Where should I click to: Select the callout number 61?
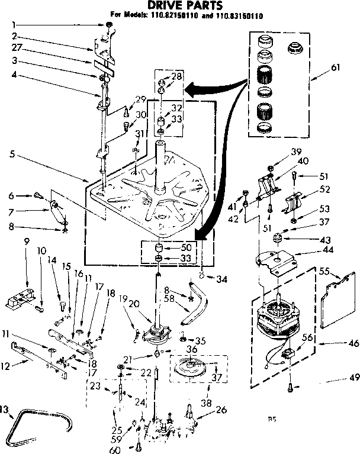(336, 67)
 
